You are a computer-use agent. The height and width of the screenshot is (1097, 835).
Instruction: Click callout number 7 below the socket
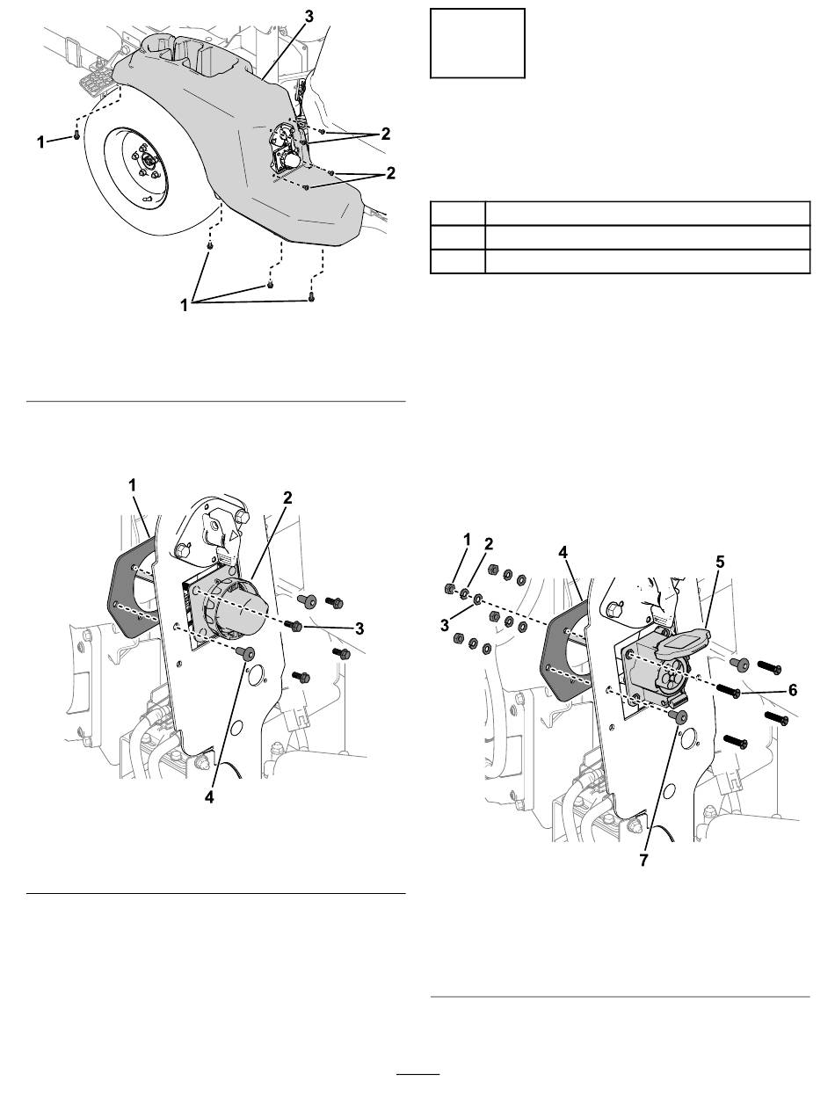pyautogui.click(x=643, y=861)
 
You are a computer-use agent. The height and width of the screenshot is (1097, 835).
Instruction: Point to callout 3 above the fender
pyautogui.click(x=309, y=15)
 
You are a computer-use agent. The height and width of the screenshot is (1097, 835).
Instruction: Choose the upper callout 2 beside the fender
pyautogui.click(x=384, y=134)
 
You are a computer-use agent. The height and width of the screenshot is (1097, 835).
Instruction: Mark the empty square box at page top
pyautogui.click(x=477, y=44)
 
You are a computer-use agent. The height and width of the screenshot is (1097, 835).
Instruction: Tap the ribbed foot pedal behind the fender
pyautogui.click(x=95, y=81)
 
